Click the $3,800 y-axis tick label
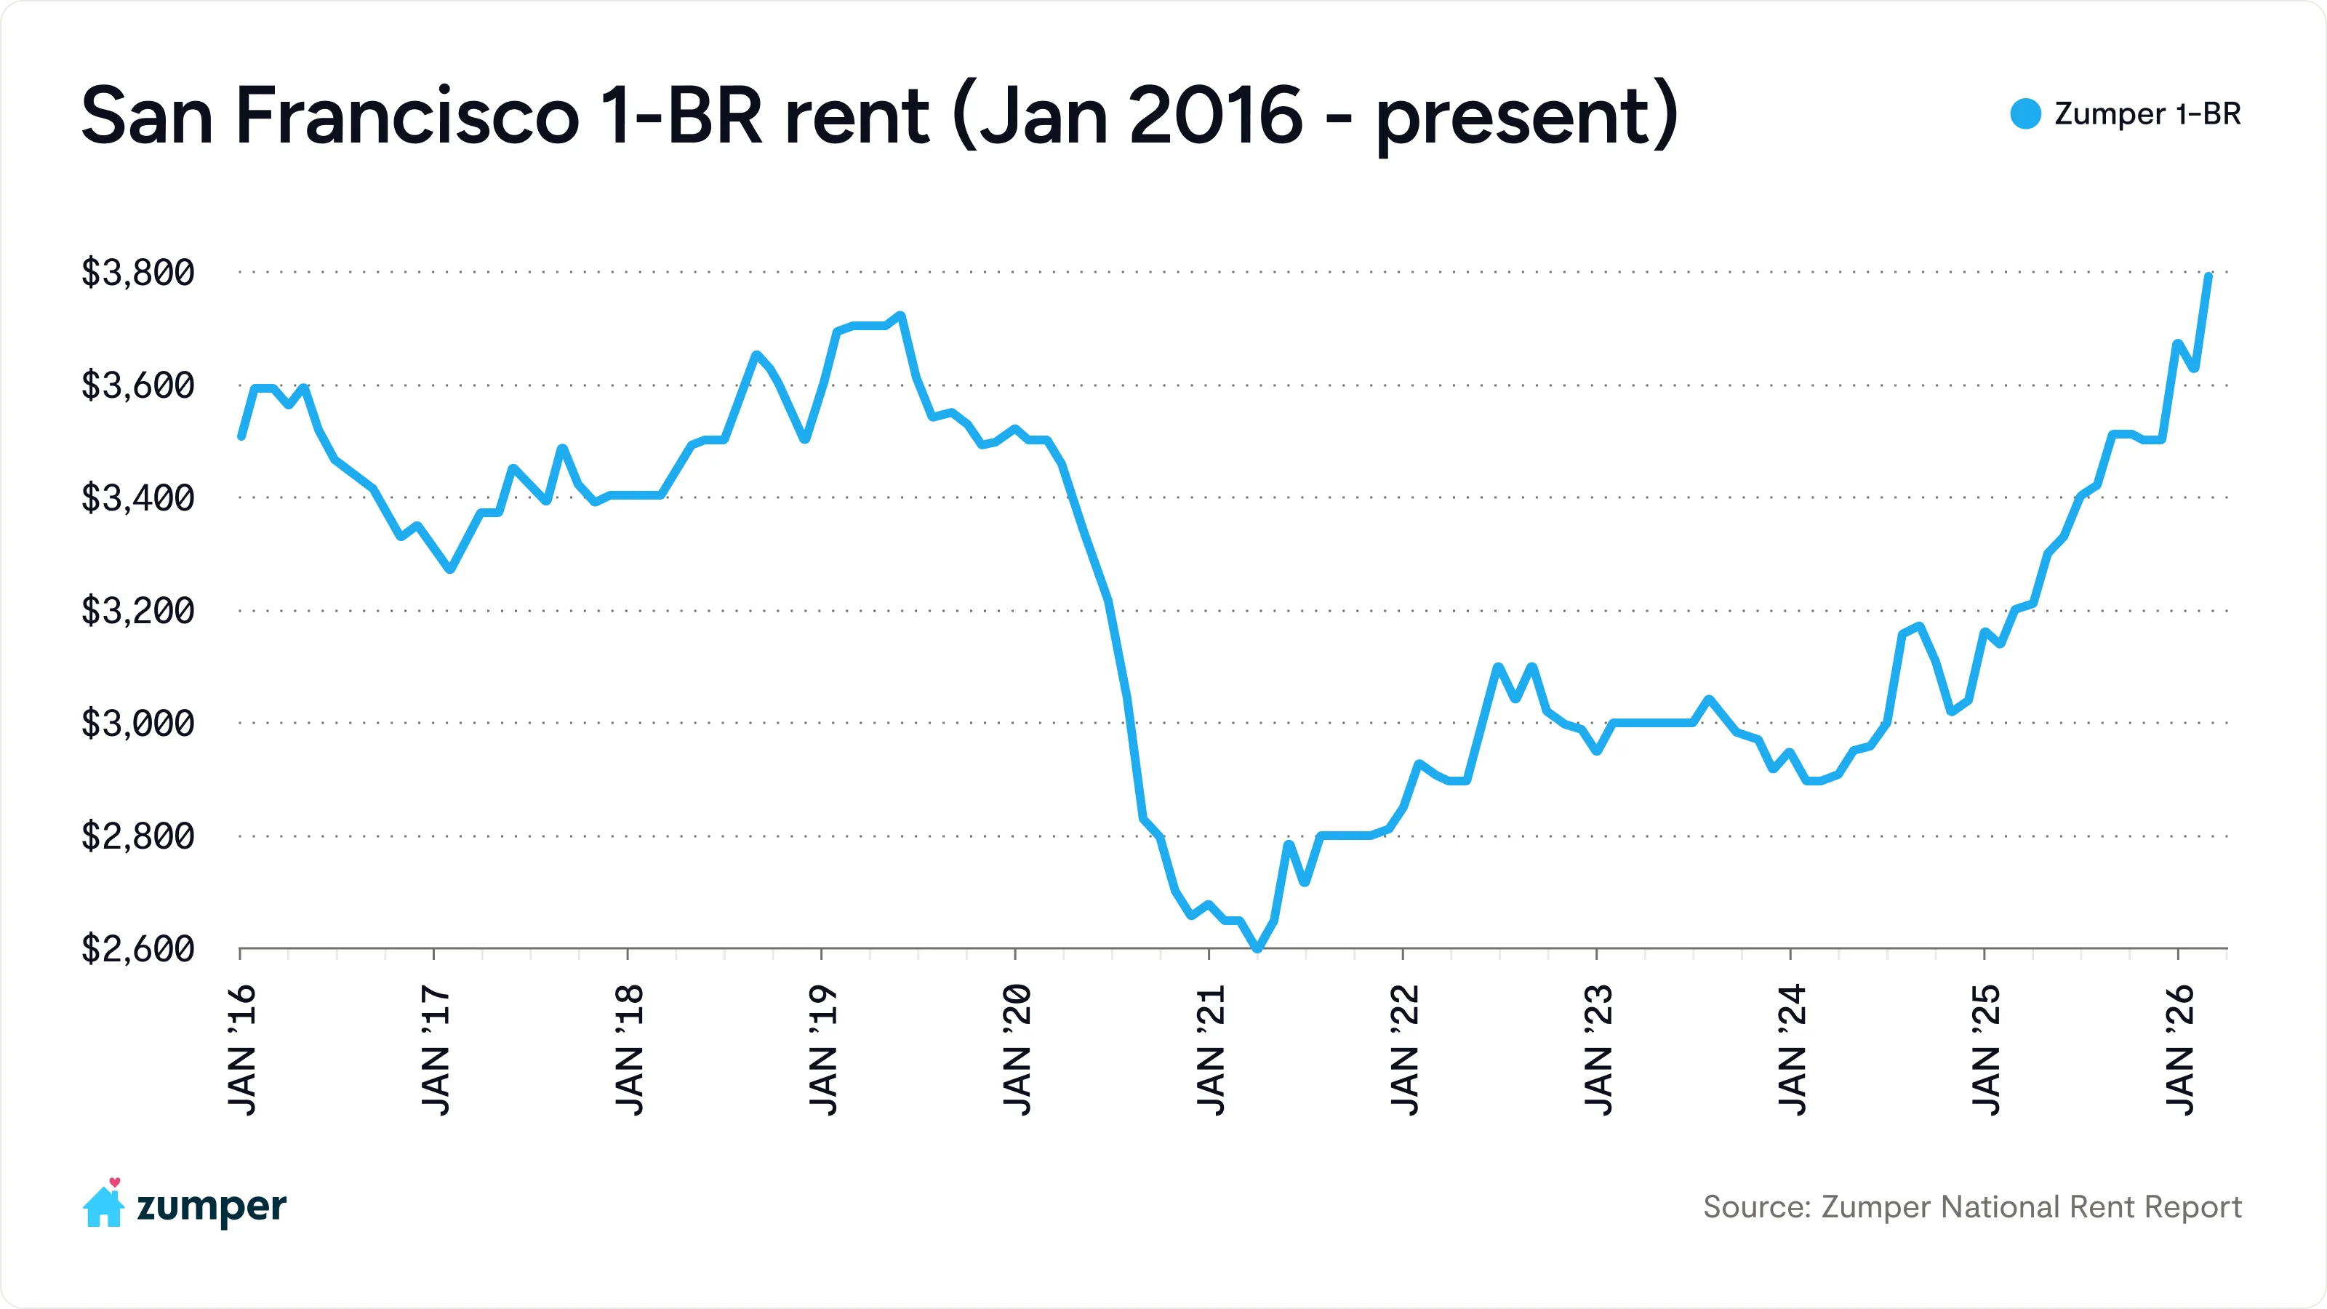tap(137, 272)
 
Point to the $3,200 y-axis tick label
tap(137, 611)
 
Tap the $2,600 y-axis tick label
tap(137, 948)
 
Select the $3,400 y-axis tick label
tap(137, 497)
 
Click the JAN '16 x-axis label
tap(242, 1049)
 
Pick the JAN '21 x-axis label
tap(1211, 1049)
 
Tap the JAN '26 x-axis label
tap(2180, 1049)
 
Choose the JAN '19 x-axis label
tap(823, 1049)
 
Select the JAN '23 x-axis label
tap(1598, 1049)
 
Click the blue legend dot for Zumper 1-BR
tap(2025, 114)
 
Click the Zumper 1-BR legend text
tap(2147, 114)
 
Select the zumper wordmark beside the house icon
tap(212, 1207)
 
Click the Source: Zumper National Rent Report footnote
tap(1972, 1207)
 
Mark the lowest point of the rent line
tap(1257, 948)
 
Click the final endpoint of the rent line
tap(2208, 276)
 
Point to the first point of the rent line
tap(241, 436)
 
